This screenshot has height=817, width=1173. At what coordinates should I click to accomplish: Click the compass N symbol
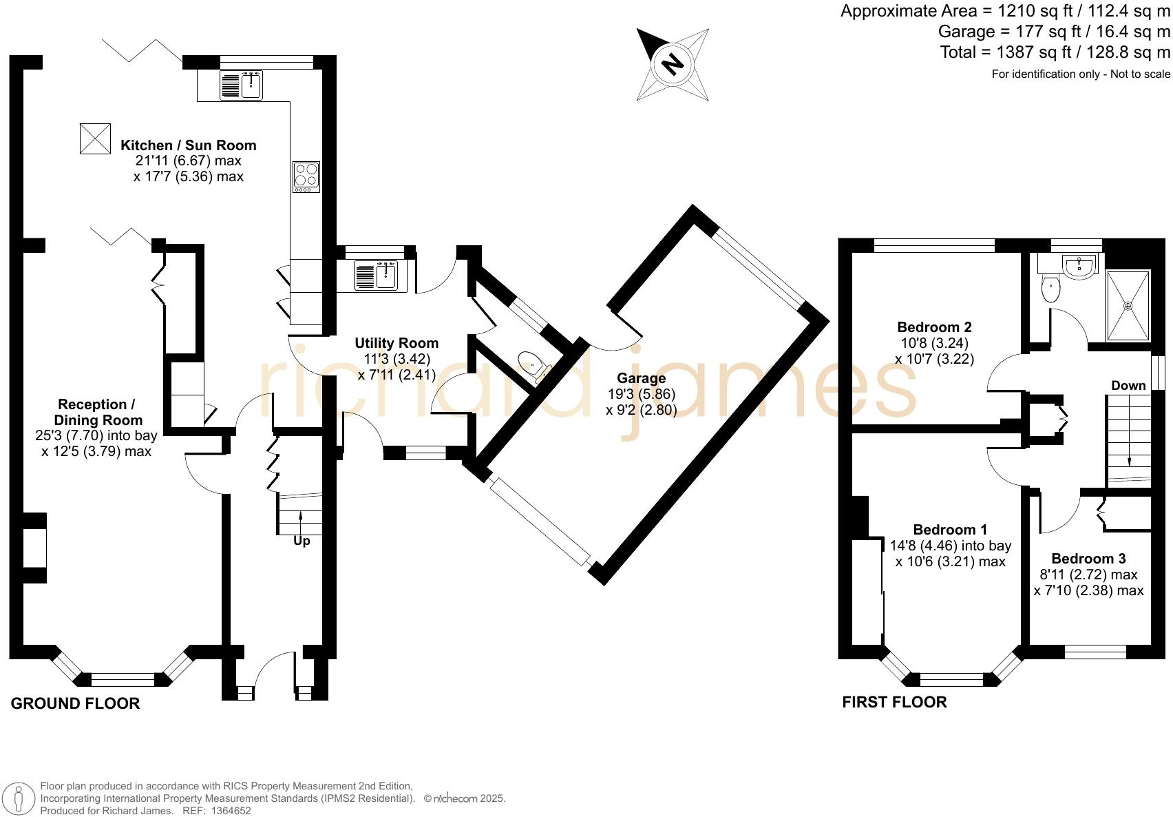coord(672,65)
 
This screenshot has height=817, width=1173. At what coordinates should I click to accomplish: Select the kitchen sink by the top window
coord(242,85)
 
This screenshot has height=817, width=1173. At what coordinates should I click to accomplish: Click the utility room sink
coord(376,276)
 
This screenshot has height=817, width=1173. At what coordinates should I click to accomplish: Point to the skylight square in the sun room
coord(95,138)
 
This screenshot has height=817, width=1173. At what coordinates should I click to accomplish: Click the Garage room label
coord(641,378)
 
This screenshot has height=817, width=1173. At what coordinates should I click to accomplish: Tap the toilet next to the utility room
coord(532,362)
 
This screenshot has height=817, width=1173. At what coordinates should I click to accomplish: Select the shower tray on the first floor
coord(1128,304)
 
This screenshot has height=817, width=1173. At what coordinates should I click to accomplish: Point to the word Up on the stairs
coord(302,541)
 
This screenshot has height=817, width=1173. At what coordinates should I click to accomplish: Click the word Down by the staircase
coord(1128,385)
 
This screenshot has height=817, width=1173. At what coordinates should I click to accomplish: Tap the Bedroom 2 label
coord(934,327)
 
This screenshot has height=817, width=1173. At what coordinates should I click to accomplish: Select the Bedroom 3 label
coord(1088,558)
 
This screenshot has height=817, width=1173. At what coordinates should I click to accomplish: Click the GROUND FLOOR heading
coord(76,703)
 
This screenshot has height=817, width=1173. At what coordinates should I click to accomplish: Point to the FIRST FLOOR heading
coord(894,702)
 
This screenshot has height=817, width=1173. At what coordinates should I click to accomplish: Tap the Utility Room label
coord(397,343)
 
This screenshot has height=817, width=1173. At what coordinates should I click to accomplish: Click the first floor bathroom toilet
coord(1050,289)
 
